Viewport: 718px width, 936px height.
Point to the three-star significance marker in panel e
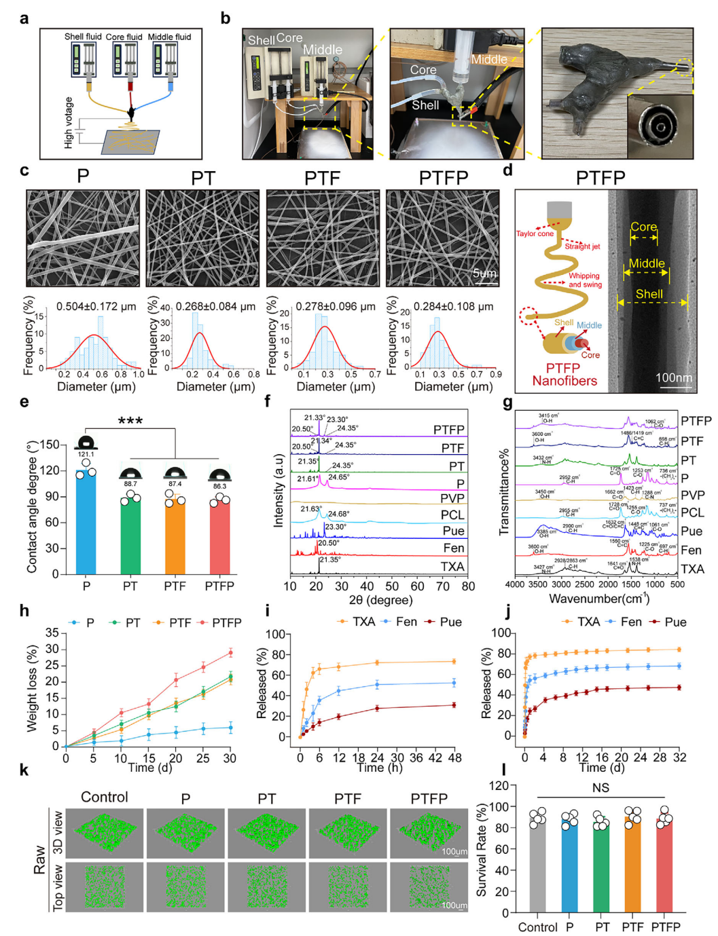point(130,422)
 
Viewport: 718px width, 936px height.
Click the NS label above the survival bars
point(600,788)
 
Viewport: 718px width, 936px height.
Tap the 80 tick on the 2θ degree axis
point(468,586)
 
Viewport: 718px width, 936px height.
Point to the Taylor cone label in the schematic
point(535,233)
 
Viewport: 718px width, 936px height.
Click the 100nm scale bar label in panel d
point(674,378)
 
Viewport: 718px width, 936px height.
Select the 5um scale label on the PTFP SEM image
point(484,274)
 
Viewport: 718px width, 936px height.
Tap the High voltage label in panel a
point(69,123)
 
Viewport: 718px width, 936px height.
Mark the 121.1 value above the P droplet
point(86,455)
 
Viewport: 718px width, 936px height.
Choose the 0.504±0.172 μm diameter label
point(96,307)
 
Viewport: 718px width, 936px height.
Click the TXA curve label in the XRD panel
point(452,567)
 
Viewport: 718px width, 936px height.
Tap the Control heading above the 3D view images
point(105,798)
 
